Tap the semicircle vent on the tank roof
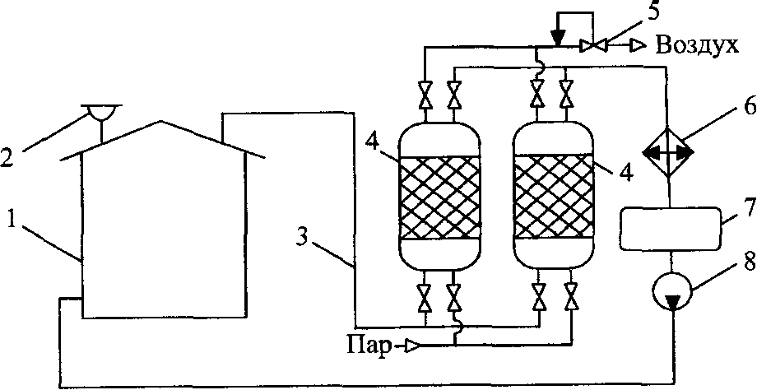99,111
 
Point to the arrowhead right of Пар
412,347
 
